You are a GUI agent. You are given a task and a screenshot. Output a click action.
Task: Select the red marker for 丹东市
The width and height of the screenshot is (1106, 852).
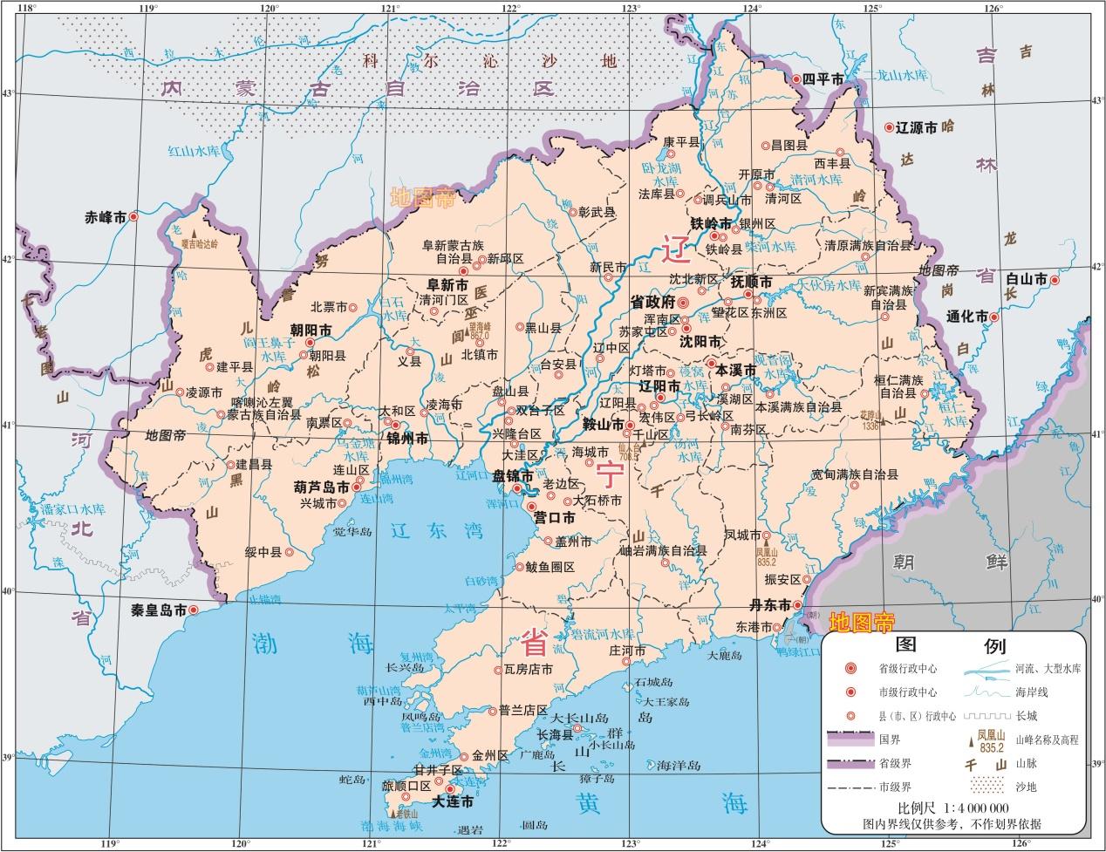pos(798,605)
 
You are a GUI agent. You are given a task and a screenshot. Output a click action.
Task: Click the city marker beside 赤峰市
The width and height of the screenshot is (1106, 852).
pos(133,216)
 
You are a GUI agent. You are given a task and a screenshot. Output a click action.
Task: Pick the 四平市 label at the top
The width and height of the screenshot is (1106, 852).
pos(824,79)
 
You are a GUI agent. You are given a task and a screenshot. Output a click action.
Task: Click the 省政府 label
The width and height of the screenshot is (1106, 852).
pos(652,302)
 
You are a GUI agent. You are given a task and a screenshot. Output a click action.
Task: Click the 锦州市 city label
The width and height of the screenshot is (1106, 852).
pos(406,439)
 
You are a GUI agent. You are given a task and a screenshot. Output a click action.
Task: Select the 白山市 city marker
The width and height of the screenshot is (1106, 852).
pos(1054,280)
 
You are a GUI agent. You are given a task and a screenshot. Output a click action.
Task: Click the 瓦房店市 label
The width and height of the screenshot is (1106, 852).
pos(529,671)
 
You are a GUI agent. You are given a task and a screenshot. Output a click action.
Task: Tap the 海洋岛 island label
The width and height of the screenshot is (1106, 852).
pos(679,765)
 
